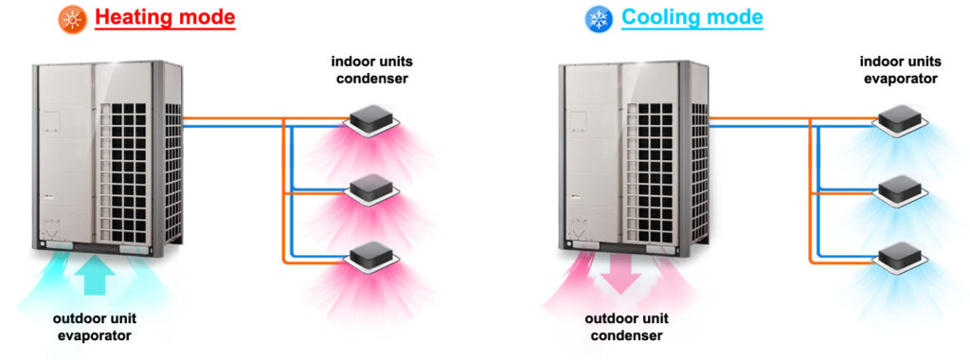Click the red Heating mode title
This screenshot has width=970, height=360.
165,18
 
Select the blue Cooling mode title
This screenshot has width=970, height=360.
692,18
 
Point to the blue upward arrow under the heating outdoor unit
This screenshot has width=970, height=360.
99,276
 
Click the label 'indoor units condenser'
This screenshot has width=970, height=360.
372,70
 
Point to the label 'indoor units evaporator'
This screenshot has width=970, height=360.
900,70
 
